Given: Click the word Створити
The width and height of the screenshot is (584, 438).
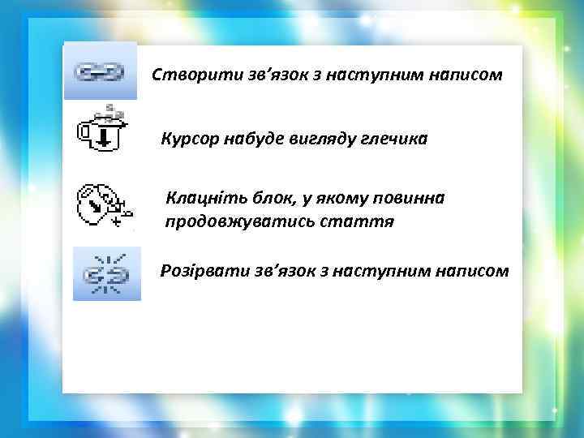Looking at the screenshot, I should click(x=185, y=75).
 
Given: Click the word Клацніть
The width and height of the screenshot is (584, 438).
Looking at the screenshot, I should click(x=200, y=198).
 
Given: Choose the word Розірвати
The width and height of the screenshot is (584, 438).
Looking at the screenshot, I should click(x=197, y=270).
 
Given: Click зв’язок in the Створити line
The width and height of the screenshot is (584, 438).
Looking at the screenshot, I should click(x=257, y=75).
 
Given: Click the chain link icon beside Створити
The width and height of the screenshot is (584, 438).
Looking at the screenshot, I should click(x=100, y=72).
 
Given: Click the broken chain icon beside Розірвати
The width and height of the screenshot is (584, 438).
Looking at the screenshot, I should click(x=106, y=273).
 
